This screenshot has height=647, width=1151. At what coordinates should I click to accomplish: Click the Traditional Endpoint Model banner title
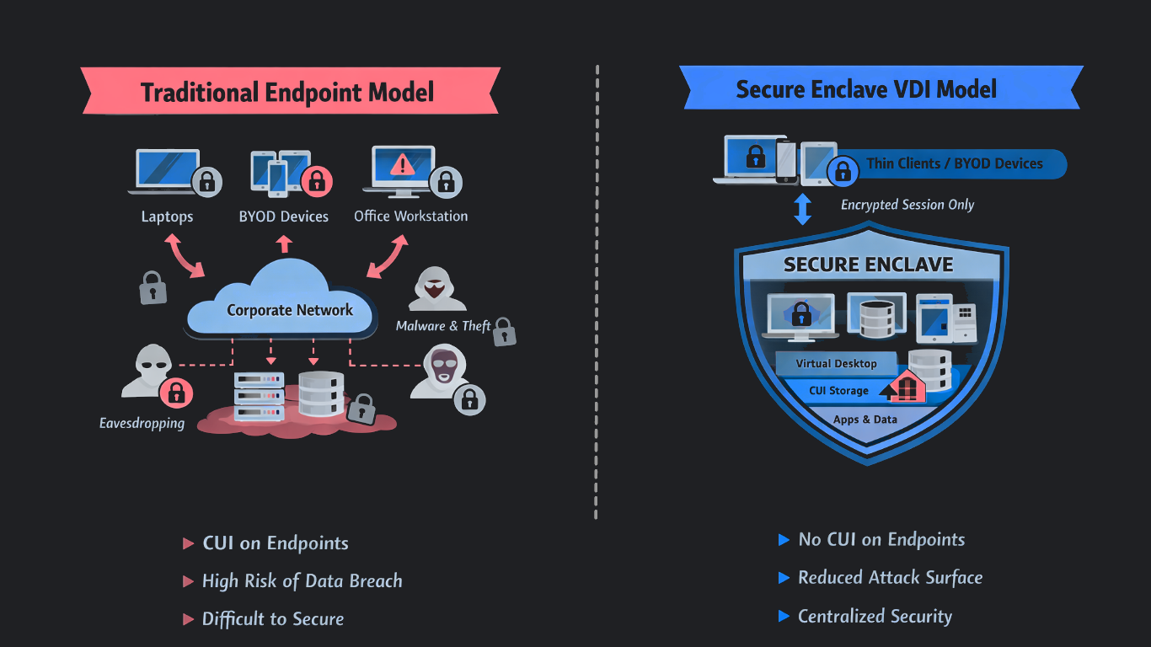pyautogui.click(x=287, y=92)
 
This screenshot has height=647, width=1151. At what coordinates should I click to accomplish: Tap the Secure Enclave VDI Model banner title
pyautogui.click(x=866, y=89)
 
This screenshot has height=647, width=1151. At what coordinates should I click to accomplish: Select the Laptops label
pyautogui.click(x=167, y=217)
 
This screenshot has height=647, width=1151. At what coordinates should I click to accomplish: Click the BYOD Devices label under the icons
pyautogui.click(x=284, y=217)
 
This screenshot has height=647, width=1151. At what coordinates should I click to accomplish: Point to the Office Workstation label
pyautogui.click(x=410, y=217)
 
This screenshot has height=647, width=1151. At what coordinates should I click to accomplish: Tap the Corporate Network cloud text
pyautogui.click(x=289, y=310)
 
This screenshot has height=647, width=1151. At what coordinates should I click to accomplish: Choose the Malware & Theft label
pyautogui.click(x=443, y=326)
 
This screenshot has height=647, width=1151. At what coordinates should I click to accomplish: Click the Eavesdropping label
pyautogui.click(x=142, y=423)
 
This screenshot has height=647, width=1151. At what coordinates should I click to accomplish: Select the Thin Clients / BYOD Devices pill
pyautogui.click(x=954, y=164)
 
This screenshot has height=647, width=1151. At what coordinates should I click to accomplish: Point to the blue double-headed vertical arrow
pyautogui.click(x=802, y=209)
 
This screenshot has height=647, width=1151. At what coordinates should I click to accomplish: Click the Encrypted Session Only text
pyautogui.click(x=907, y=205)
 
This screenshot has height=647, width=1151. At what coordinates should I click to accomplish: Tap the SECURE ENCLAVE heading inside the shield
pyautogui.click(x=868, y=265)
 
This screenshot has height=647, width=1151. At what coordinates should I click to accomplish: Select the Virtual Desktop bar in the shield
pyautogui.click(x=836, y=364)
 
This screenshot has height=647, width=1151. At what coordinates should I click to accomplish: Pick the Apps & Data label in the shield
pyautogui.click(x=865, y=420)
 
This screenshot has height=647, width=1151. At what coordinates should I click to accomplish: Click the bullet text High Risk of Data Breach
pyautogui.click(x=302, y=581)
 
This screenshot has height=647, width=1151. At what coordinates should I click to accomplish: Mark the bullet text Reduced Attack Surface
pyautogui.click(x=890, y=578)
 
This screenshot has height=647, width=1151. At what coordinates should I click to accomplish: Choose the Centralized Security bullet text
pyautogui.click(x=875, y=617)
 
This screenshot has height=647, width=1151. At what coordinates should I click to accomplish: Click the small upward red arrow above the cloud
pyautogui.click(x=284, y=244)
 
